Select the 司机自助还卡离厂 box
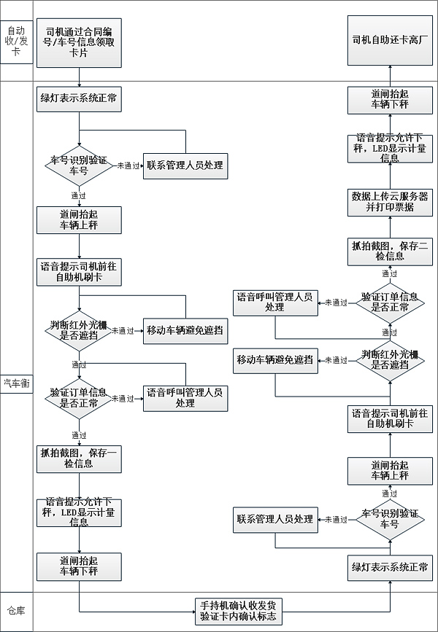pos(390,40)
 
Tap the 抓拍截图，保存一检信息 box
pos(79,458)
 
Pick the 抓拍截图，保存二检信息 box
pos(390,250)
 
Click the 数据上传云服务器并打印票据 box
pos(390,202)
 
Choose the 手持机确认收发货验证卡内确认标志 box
pos(239,611)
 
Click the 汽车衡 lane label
pos(16,383)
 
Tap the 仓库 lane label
pos(16,611)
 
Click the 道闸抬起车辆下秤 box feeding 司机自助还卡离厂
pos(390,100)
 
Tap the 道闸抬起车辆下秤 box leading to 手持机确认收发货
pos(79,566)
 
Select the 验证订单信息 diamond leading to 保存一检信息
pos(79,399)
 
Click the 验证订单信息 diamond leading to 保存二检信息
pos(390,302)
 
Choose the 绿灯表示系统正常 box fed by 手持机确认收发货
pos(390,567)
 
